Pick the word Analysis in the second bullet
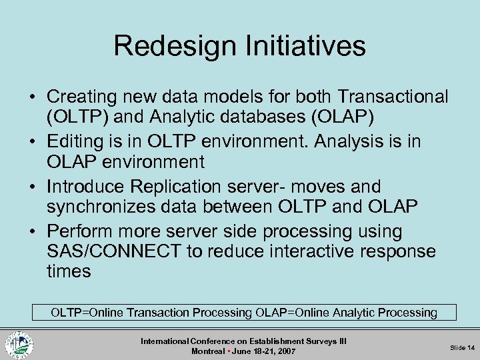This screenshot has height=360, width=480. click(351, 142)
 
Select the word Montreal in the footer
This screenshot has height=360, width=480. click(207, 351)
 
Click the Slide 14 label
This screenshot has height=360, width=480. click(462, 347)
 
